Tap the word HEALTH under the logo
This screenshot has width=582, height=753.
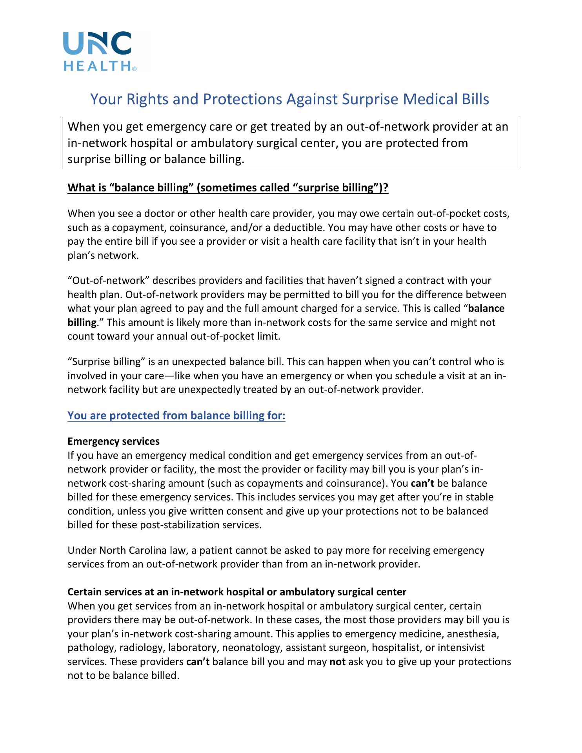pyautogui.click(x=97, y=66)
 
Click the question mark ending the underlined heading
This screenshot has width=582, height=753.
pyautogui.click(x=386, y=188)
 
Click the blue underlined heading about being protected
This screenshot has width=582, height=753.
pyautogui.click(x=176, y=416)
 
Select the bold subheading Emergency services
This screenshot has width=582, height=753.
pyautogui.click(x=113, y=441)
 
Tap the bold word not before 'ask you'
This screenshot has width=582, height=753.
pyautogui.click(x=337, y=662)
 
